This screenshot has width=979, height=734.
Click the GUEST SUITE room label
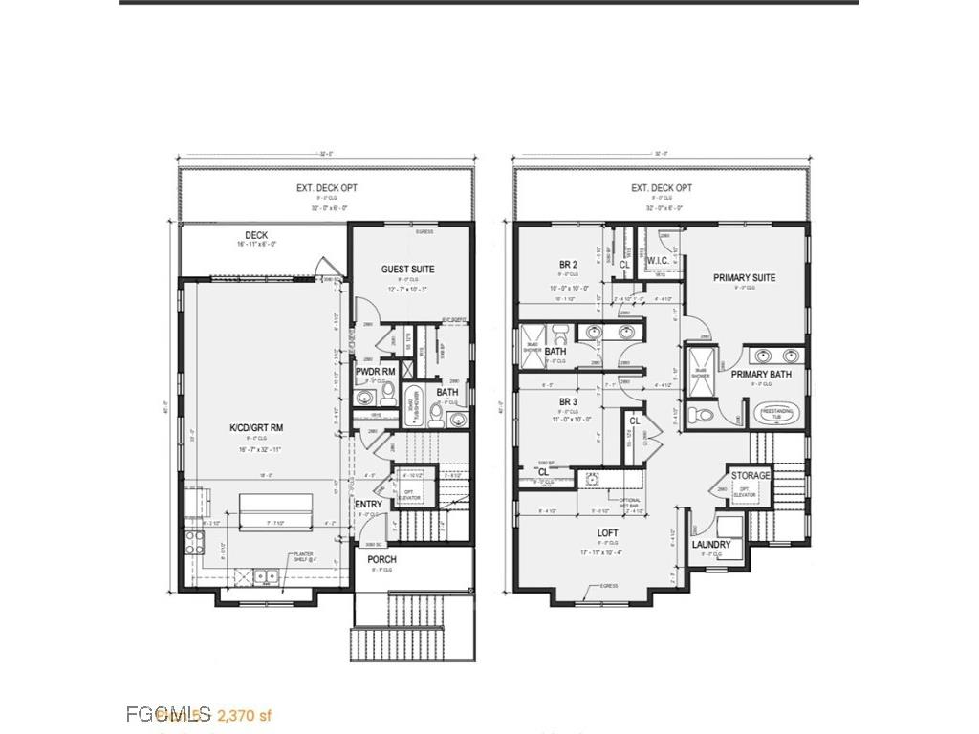pyautogui.click(x=408, y=270)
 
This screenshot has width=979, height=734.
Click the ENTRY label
pyautogui.click(x=368, y=505)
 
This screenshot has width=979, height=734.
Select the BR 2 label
pyautogui.click(x=569, y=265)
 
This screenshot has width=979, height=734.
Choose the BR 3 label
pyautogui.click(x=569, y=402)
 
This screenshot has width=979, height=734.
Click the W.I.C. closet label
pyautogui.click(x=657, y=260)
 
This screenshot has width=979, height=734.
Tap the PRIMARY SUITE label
pyautogui.click(x=744, y=278)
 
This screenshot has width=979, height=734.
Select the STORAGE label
pyautogui.click(x=751, y=476)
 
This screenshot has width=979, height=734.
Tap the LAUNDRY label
pyautogui.click(x=711, y=545)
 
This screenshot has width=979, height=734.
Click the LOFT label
pyautogui.click(x=607, y=533)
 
